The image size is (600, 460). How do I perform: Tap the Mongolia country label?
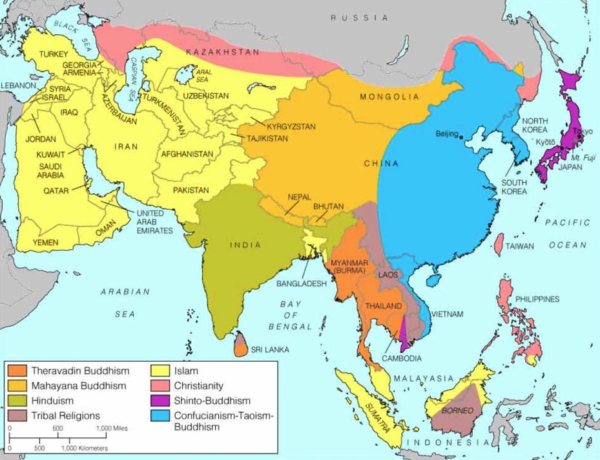[385, 97]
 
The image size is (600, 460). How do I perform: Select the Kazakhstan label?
[222, 52]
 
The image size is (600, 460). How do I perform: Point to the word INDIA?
[245, 245]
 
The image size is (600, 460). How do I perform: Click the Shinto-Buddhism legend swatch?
[161, 400]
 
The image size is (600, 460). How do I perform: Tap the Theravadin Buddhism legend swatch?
[18, 371]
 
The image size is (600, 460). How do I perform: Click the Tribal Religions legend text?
[65, 415]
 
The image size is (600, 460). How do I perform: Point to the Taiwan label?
[519, 246]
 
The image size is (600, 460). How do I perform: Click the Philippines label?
[537, 299]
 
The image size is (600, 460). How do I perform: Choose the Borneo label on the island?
[457, 410]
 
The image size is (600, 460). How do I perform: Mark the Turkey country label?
[53, 54]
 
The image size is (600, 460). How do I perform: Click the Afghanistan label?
[187, 154]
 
